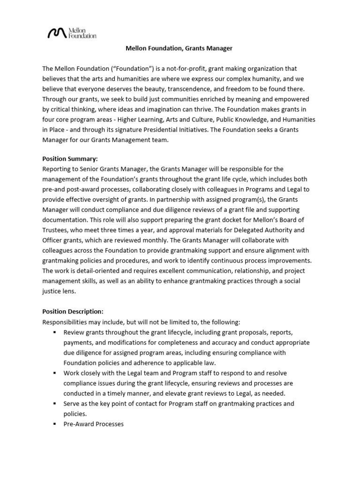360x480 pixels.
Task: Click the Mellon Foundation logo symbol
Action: (57, 33)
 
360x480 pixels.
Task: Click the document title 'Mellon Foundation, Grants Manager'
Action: (179, 48)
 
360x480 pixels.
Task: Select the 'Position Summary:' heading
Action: (70, 159)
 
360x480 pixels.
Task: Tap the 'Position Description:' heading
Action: (73, 311)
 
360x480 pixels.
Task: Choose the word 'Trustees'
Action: (56, 230)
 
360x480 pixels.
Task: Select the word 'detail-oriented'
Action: (89, 270)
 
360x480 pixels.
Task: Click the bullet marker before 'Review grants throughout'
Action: (54, 332)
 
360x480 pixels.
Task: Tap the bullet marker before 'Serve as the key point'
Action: (54, 404)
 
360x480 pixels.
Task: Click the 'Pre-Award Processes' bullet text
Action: (94, 424)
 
